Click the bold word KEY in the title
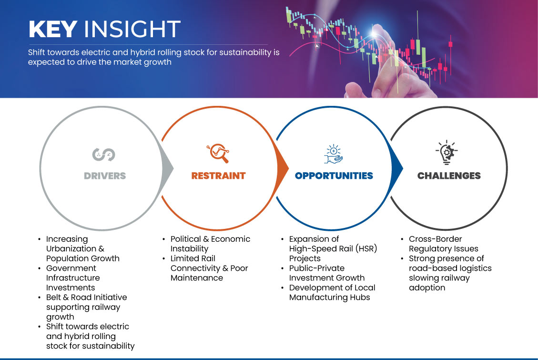[53, 29]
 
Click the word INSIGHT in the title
[132, 29]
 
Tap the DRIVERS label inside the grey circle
[105, 176]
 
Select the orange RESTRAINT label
[219, 176]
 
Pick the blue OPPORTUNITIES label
[334, 176]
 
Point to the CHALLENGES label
[449, 176]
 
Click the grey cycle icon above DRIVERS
[103, 154]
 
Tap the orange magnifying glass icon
[218, 153]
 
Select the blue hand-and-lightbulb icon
[334, 154]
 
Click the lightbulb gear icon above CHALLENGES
[447, 152]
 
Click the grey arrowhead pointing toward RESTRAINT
[167, 168]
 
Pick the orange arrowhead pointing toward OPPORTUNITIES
[283, 168]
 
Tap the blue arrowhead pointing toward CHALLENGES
[397, 168]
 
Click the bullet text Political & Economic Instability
[210, 244]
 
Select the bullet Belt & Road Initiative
[86, 297]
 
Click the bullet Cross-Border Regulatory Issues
[443, 244]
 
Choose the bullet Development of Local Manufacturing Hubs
[332, 292]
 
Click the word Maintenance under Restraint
[197, 278]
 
